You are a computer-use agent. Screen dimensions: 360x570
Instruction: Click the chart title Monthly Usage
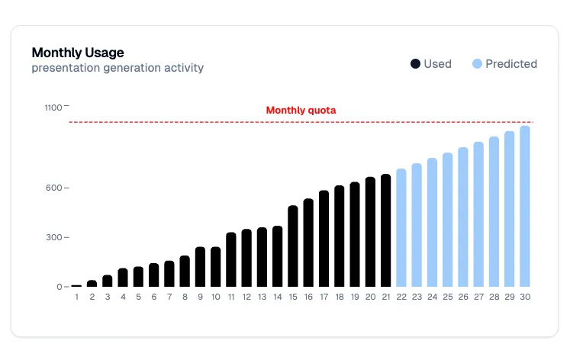(x=78, y=53)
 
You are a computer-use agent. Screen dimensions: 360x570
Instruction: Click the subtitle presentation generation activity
(x=118, y=68)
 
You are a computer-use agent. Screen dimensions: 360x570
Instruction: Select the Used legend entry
(x=431, y=64)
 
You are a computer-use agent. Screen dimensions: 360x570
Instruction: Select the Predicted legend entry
(x=504, y=64)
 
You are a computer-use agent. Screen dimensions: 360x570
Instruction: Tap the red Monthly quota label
(x=301, y=111)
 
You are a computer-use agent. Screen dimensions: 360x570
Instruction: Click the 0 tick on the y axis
(x=60, y=287)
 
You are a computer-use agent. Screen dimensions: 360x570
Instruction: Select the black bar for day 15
(x=293, y=246)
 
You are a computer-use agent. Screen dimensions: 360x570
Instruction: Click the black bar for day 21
(x=385, y=230)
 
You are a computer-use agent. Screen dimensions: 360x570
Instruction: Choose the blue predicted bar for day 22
(x=401, y=228)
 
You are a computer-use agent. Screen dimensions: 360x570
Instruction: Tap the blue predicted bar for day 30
(x=525, y=206)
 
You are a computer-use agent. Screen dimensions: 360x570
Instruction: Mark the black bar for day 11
(x=231, y=259)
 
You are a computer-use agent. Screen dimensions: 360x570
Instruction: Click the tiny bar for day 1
(x=76, y=285)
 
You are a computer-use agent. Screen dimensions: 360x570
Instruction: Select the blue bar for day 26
(x=463, y=217)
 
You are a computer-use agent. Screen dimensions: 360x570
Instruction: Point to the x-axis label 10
(x=216, y=297)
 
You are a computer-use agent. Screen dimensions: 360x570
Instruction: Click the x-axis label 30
(x=525, y=297)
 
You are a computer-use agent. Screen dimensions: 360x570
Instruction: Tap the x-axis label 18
(x=340, y=297)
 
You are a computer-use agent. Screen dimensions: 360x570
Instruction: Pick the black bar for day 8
(x=185, y=271)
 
